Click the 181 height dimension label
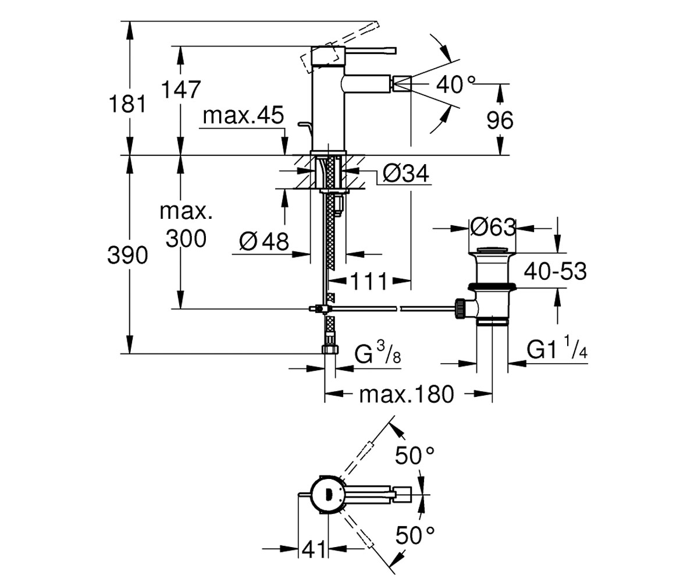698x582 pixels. tap(127, 104)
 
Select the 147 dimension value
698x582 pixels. tap(181, 89)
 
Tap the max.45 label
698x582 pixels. tap(243, 115)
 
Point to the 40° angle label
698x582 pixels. tap(455, 84)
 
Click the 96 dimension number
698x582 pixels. tap(500, 120)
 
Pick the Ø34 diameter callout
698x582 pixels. tap(406, 173)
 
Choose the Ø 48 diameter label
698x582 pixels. tap(263, 242)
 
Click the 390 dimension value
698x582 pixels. tap(127, 255)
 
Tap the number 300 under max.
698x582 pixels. tap(186, 239)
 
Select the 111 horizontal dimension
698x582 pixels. tap(369, 281)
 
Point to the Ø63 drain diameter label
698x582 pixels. tap(493, 227)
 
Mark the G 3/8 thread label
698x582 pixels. tap(378, 353)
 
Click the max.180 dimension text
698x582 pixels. tap(407, 394)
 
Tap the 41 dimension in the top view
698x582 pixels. tap(314, 549)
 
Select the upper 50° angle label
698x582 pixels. tap(415, 455)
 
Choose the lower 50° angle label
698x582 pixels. tap(415, 535)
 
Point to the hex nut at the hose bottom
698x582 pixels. tap(330, 349)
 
